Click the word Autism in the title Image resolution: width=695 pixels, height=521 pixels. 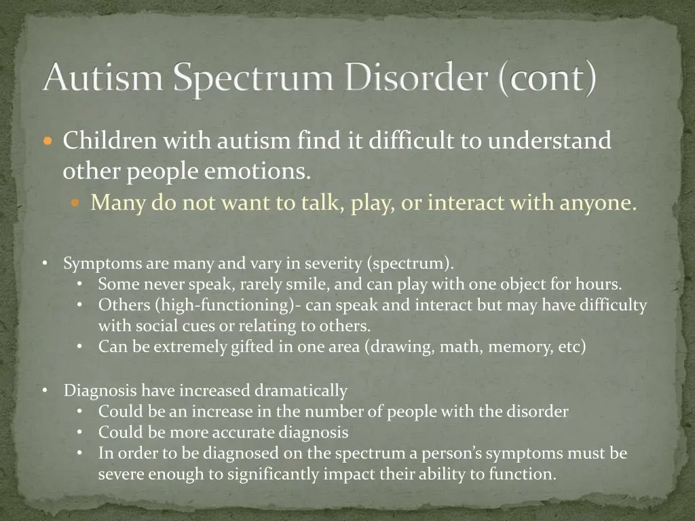click(x=102, y=79)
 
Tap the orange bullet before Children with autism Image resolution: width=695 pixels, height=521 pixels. click(x=47, y=142)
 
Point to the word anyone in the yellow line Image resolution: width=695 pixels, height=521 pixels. click(x=598, y=202)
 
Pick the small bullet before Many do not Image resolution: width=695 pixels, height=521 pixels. click(x=75, y=203)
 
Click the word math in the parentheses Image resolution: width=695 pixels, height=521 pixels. click(x=459, y=347)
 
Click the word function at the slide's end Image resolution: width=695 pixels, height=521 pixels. click(x=522, y=474)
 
